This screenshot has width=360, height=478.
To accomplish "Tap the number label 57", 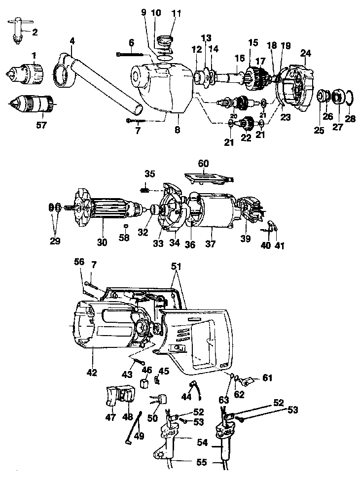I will pos(41,125).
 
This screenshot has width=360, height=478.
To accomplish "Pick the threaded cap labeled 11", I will pos(165,39).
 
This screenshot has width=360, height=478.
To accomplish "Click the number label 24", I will pos(306,52).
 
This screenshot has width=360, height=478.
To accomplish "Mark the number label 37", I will pos(211,244).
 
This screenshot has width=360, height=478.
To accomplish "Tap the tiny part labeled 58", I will pos(126,226).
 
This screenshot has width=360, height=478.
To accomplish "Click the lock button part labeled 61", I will pos(247,381).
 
